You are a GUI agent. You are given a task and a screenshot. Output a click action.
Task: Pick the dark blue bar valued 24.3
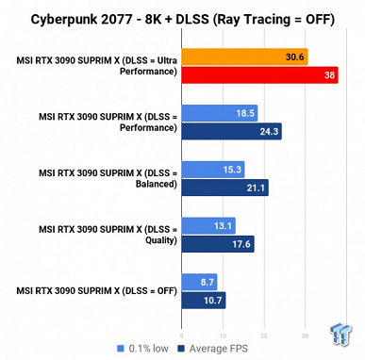(230, 131)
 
